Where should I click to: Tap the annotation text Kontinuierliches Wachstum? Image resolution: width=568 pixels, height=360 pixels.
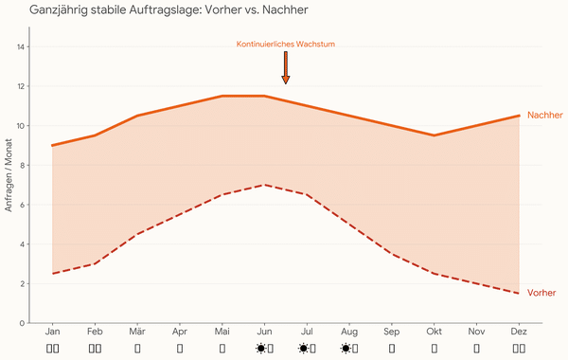[x=285, y=44]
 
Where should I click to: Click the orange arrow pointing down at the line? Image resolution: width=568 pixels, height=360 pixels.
[x=285, y=68]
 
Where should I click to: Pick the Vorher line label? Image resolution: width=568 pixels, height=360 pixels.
[x=541, y=293]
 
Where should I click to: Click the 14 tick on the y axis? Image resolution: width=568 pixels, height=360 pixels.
[x=22, y=47]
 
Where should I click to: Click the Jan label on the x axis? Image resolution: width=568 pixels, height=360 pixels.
[x=52, y=333]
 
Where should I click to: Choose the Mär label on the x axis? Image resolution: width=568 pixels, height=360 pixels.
[x=137, y=333]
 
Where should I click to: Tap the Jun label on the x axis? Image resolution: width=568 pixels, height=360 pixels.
[x=264, y=333]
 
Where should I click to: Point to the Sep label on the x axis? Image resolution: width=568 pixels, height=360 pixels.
[x=392, y=333]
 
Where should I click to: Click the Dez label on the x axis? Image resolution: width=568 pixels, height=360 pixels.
[x=519, y=333]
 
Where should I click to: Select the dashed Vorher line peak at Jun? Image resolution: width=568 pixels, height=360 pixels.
[x=264, y=185]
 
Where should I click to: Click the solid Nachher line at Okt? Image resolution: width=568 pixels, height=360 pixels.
[x=435, y=135]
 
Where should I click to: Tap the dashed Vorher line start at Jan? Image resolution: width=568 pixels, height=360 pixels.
[x=52, y=274]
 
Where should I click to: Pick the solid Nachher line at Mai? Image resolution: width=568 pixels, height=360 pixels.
[x=222, y=96]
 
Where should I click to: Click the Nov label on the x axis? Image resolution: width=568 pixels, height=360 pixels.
[x=477, y=333]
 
